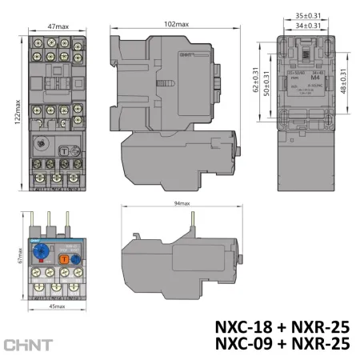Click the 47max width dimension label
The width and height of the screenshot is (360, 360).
pyautogui.click(x=57, y=26)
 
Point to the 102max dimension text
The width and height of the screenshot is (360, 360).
pyautogui.click(x=176, y=24)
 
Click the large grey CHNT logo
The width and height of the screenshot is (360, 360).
pyautogui.click(x=29, y=345)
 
